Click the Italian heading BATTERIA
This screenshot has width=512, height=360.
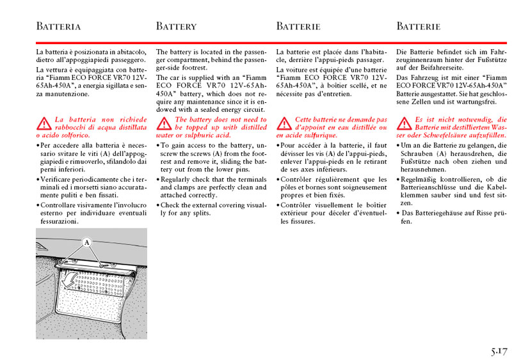tap(58, 27)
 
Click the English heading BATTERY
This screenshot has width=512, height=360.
tap(176, 27)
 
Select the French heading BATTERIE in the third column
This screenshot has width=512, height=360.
tap(298, 27)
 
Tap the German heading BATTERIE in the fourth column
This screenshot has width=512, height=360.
tap(419, 27)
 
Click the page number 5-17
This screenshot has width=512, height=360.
tap(499, 351)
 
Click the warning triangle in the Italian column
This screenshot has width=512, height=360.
tap(43, 123)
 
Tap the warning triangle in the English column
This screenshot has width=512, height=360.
tap(163, 123)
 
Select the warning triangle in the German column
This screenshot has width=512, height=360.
tap(404, 123)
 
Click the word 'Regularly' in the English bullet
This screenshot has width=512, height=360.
tap(177, 180)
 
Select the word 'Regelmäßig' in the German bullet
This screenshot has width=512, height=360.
tap(420, 180)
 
